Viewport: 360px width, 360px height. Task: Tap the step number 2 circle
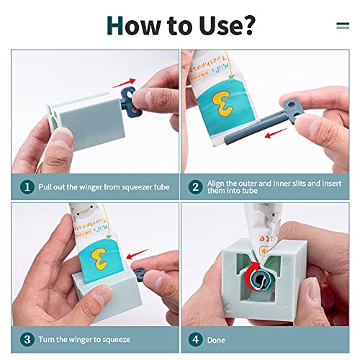(x=194, y=187)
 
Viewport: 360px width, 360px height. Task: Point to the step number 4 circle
(x=194, y=340)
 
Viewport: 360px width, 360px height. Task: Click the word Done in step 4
(x=217, y=340)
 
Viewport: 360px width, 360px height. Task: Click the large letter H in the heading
(x=115, y=25)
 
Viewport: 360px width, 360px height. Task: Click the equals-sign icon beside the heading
(x=343, y=25)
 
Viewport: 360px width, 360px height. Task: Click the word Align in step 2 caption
(x=218, y=183)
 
